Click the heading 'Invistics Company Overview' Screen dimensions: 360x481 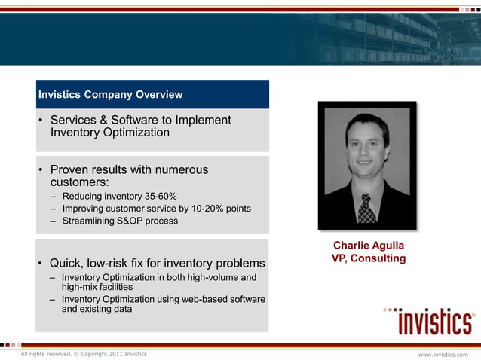coord(110,95)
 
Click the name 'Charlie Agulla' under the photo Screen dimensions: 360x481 coord(369,246)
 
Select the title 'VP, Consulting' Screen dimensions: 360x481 coord(369,259)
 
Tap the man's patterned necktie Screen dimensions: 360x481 coord(366,208)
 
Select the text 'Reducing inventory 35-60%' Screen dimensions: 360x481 coord(119,197)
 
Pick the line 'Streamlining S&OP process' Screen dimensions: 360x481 coord(120,221)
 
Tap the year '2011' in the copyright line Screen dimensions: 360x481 coord(117,354)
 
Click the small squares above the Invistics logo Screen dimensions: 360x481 coord(392,309)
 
